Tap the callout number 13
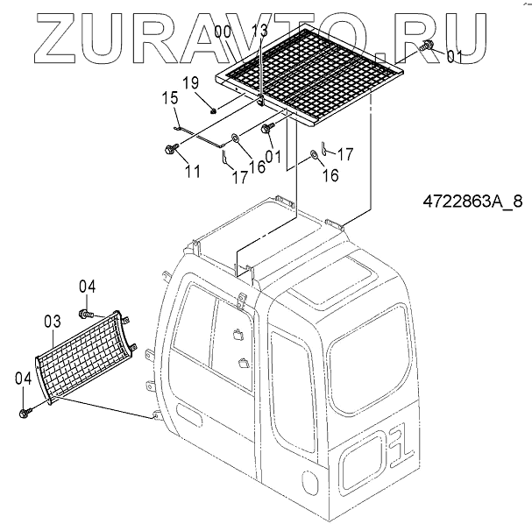pyautogui.click(x=259, y=32)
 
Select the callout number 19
pyautogui.click(x=189, y=84)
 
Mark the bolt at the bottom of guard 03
pyautogui.click(x=25, y=410)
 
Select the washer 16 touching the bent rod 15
pyautogui.click(x=236, y=137)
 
